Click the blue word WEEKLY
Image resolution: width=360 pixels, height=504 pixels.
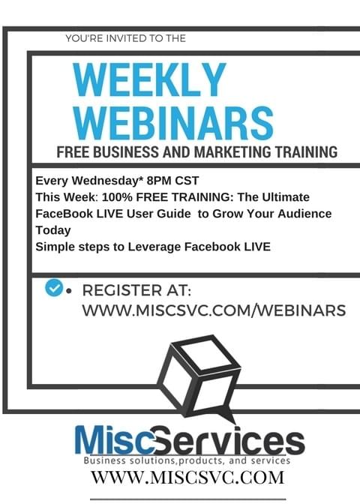[x=149, y=79]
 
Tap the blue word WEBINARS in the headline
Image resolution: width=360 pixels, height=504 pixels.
[x=173, y=123]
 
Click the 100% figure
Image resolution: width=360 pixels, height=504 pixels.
[x=117, y=197]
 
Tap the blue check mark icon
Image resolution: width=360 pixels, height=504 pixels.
[x=54, y=287]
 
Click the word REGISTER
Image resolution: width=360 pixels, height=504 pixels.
[x=122, y=290]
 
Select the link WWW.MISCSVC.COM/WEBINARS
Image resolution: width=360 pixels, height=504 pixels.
[x=214, y=310]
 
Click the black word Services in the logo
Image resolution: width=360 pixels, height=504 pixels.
[x=229, y=440]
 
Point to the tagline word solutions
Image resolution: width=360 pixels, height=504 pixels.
[x=153, y=460]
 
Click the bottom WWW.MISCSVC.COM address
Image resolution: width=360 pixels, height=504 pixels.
[x=187, y=477]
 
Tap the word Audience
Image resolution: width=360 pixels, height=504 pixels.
[x=304, y=214]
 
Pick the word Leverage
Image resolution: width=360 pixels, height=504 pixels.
[x=154, y=247]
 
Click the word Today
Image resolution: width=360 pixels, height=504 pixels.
[x=53, y=230]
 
